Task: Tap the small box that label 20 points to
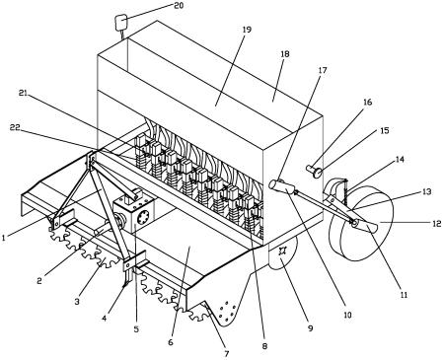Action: click(x=120, y=23)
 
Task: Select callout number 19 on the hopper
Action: click(x=247, y=30)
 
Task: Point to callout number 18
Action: click(x=285, y=54)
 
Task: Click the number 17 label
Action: click(x=323, y=70)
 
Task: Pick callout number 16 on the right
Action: click(x=367, y=102)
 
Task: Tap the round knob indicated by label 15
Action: click(x=318, y=173)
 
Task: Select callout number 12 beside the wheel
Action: click(x=437, y=224)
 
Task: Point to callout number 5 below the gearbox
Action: click(x=136, y=328)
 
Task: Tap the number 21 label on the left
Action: click(x=23, y=94)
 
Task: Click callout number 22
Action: click(x=15, y=127)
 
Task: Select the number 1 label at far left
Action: click(x=4, y=238)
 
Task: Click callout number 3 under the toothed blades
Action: click(x=77, y=301)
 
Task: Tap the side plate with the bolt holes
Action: click(x=226, y=311)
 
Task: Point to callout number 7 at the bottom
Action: click(x=227, y=354)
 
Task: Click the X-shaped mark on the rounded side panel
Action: click(x=281, y=252)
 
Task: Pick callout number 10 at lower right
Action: click(x=347, y=315)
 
